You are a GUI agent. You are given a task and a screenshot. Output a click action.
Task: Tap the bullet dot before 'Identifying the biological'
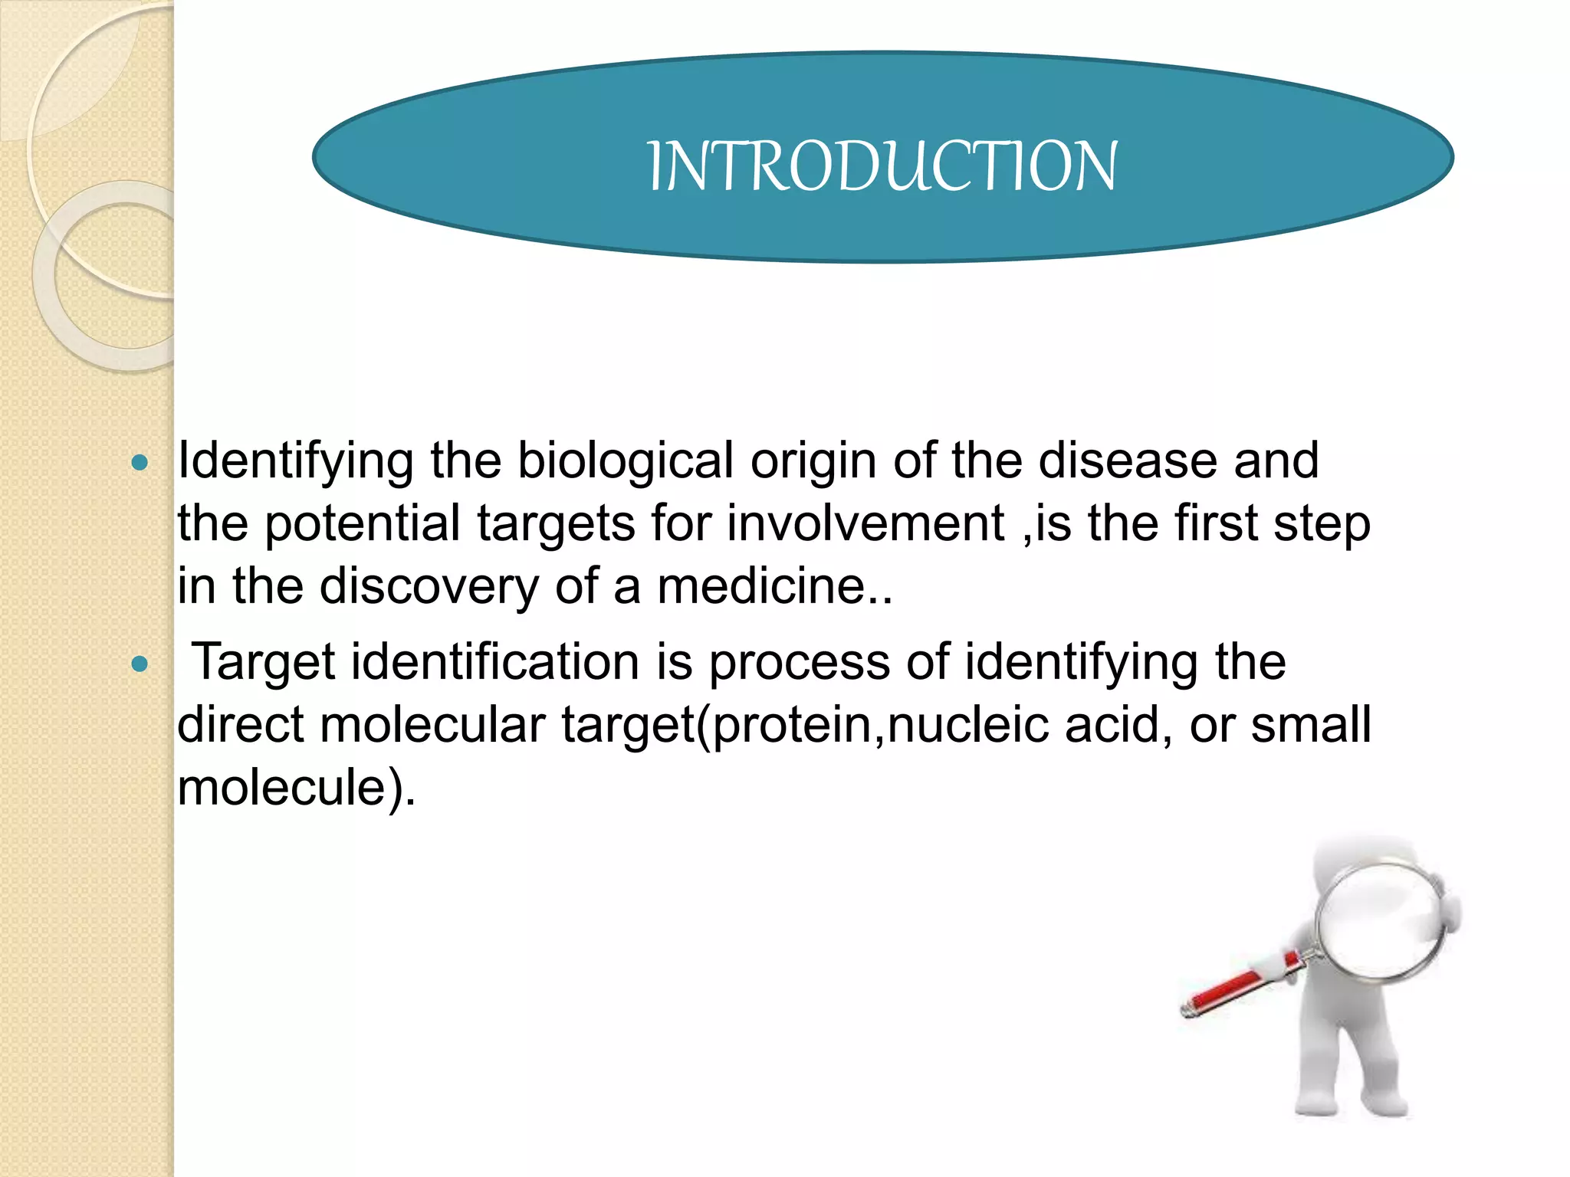click(x=140, y=463)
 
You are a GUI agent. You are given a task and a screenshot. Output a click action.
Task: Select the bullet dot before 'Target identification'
click(x=140, y=664)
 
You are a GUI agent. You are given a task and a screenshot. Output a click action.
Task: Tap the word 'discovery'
click(x=429, y=587)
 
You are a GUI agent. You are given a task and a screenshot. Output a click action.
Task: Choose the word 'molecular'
click(x=432, y=725)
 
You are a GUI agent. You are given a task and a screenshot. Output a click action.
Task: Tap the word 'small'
click(x=1310, y=725)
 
